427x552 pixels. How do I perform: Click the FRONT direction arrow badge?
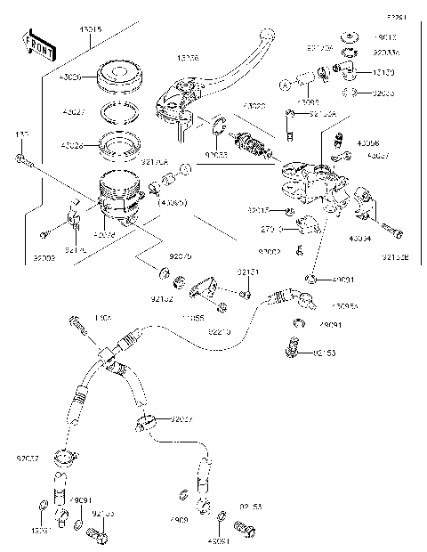(x=36, y=42)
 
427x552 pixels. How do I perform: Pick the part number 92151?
(x=246, y=272)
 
